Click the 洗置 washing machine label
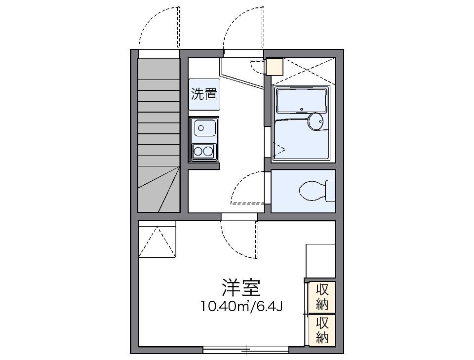(204, 94)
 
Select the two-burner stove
(203, 151)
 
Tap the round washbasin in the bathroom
(315, 121)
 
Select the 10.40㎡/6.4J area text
(241, 307)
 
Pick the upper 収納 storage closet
(322, 296)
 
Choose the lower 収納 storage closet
(322, 330)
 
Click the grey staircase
(158, 133)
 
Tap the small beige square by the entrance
(275, 67)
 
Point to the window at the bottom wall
(246, 350)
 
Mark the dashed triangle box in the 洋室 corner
(157, 239)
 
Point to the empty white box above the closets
(320, 260)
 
